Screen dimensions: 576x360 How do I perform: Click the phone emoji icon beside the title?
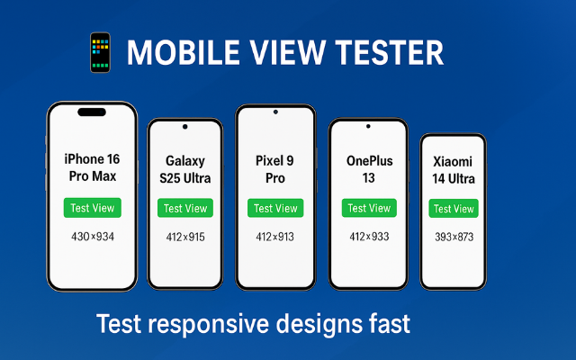[100, 52]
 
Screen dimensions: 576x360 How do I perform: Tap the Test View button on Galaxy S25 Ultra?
[185, 208]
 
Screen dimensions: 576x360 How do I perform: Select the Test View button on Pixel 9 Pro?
[275, 208]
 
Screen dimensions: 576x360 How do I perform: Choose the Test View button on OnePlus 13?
[369, 208]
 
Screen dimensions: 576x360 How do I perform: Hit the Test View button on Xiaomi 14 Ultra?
[454, 209]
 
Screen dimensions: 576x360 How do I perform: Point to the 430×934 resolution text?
[93, 237]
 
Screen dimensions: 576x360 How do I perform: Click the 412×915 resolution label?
[185, 237]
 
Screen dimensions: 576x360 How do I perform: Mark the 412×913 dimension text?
[275, 237]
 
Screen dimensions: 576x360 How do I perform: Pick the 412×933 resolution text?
[369, 237]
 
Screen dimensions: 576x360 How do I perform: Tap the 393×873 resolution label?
[454, 237]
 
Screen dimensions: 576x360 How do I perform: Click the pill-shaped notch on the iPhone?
[92, 112]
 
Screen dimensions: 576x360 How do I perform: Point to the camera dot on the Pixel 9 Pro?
[275, 112]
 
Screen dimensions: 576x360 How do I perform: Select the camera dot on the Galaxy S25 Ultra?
[185, 127]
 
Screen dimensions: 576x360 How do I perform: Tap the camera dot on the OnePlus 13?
[368, 126]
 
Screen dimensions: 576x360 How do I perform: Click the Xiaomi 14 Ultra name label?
[454, 170]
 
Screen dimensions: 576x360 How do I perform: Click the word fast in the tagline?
[390, 323]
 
